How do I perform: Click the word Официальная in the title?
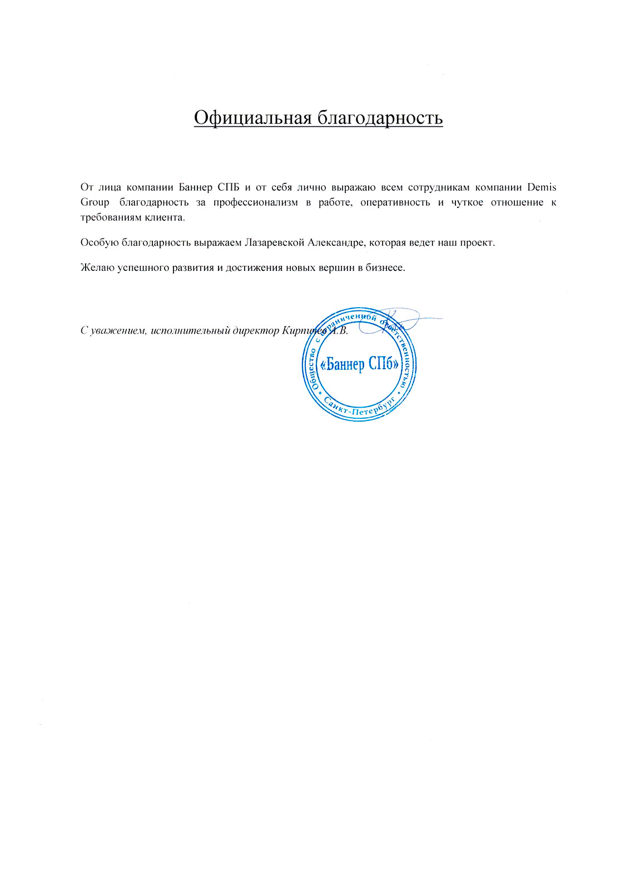[252, 118]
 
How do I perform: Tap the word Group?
[95, 202]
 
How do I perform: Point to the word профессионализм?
[256, 202]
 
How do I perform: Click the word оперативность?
[395, 202]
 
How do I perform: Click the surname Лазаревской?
[273, 243]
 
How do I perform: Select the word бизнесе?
[385, 268]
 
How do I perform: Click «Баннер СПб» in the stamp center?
[360, 364]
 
